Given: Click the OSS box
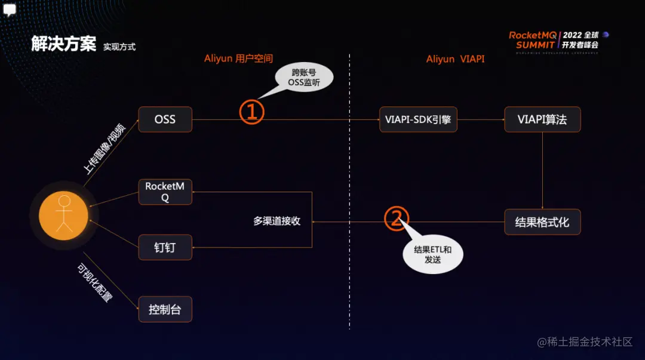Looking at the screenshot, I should [x=165, y=119].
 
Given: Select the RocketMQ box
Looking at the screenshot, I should [x=165, y=192].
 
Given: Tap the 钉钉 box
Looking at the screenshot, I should [x=165, y=247].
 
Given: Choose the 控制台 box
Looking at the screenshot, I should [x=165, y=309].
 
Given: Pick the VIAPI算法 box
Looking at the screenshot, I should [x=542, y=119].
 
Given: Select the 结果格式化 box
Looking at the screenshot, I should [x=542, y=222].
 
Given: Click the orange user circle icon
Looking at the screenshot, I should [x=63, y=215].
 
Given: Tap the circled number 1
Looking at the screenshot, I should [x=252, y=112].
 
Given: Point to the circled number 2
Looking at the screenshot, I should [x=396, y=219].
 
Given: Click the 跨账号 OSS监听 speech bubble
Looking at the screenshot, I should [x=304, y=78].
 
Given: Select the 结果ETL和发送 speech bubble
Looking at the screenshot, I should [x=433, y=255].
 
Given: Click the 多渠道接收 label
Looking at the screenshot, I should [x=277, y=221].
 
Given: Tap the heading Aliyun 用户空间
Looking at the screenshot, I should [x=238, y=59].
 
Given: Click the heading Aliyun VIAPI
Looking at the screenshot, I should [x=455, y=59].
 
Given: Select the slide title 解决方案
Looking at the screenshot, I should [x=63, y=44].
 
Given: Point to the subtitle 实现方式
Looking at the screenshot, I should [x=119, y=47].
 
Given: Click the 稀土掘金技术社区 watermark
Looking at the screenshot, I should [x=585, y=341].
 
